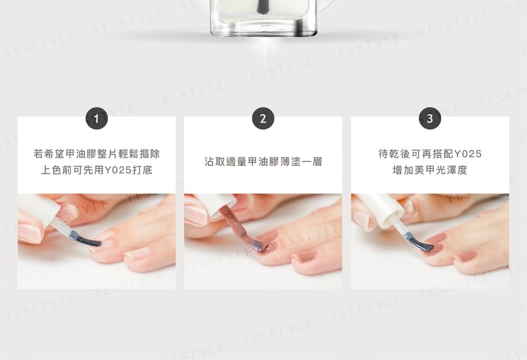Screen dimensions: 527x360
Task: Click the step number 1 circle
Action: [x=97, y=119]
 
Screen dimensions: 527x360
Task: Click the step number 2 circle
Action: [x=263, y=119]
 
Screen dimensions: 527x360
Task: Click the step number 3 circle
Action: [x=430, y=119]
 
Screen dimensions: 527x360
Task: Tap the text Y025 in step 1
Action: [x=118, y=170]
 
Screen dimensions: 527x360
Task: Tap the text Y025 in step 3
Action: [x=468, y=154]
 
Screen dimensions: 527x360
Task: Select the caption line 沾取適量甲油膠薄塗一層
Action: [x=263, y=162]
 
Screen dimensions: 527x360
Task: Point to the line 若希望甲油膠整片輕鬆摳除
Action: [x=97, y=154]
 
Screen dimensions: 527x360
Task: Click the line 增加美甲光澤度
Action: [x=430, y=170]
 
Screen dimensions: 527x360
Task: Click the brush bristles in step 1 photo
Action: [x=88, y=240]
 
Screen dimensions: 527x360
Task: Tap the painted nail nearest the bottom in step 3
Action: [x=466, y=257]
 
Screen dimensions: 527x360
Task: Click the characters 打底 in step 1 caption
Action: [x=143, y=170]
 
